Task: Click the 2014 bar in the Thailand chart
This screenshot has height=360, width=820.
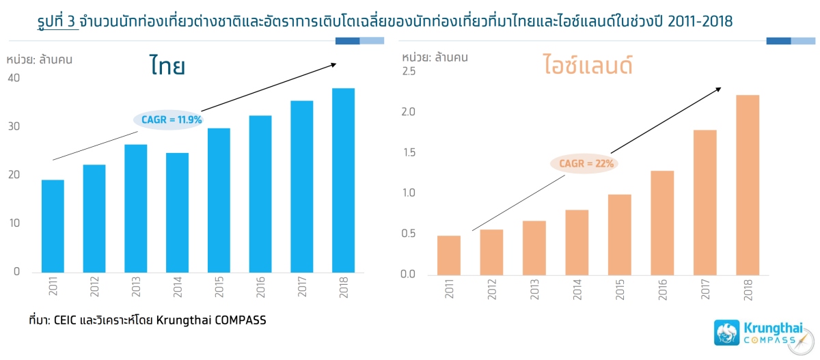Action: [x=178, y=212]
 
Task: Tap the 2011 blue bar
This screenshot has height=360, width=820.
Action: [x=53, y=225]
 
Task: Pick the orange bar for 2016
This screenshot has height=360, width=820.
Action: [x=662, y=222]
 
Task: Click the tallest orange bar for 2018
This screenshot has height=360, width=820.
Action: [x=748, y=184]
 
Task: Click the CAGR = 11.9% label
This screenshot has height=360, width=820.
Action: [x=167, y=120]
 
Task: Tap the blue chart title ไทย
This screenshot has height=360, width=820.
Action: [x=167, y=66]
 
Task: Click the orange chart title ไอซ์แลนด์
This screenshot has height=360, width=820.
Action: [x=588, y=67]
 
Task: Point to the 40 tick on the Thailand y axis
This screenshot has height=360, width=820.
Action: [x=14, y=79]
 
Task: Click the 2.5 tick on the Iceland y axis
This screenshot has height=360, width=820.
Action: [x=409, y=72]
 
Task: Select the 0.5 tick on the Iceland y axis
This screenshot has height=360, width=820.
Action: [x=409, y=234]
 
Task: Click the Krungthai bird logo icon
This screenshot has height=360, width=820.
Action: [x=726, y=333]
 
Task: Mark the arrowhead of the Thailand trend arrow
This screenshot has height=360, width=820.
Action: [x=334, y=64]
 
